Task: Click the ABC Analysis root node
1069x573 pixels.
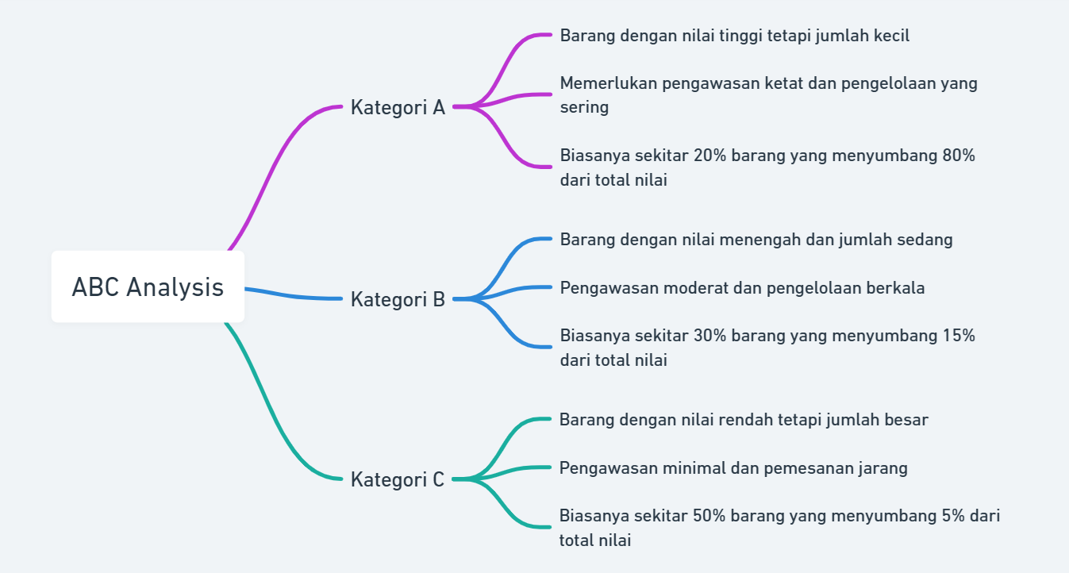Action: pos(148,286)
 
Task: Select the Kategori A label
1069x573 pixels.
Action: pos(398,107)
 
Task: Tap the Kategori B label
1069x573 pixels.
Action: pos(398,299)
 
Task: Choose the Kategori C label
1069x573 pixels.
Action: pos(398,479)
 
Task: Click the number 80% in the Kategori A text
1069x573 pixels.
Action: pos(959,156)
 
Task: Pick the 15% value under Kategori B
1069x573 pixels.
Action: pos(959,336)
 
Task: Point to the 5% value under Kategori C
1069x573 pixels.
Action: pos(952,516)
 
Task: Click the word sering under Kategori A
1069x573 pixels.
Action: pos(584,107)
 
